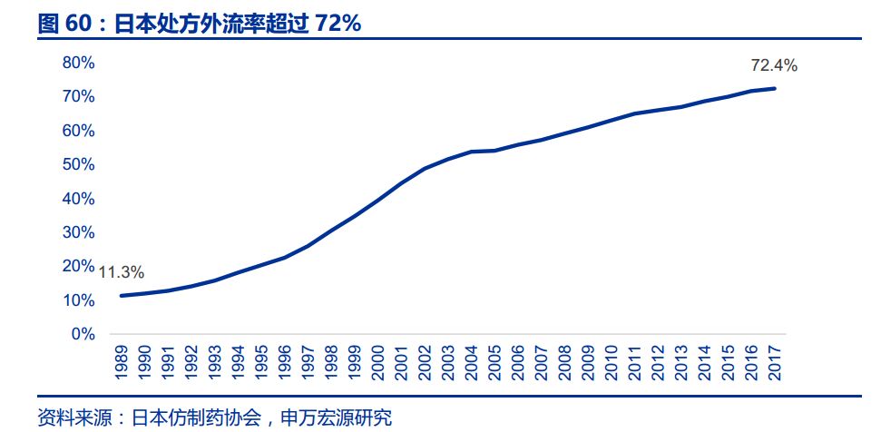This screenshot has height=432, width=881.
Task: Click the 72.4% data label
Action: point(774,65)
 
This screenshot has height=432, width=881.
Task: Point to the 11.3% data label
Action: point(122,272)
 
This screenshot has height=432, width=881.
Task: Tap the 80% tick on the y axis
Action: point(78,63)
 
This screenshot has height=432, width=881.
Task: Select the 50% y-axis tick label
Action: point(78,164)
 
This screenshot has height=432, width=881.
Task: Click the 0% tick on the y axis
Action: point(83,334)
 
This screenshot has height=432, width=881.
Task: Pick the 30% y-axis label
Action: point(78,232)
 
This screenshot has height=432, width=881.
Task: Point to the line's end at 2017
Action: point(774,88)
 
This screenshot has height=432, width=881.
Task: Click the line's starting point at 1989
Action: point(122,295)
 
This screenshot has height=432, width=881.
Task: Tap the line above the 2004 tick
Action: point(471,152)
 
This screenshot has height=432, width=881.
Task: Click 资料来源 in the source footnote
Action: point(73,417)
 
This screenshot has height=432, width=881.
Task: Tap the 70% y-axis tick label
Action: point(78,96)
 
